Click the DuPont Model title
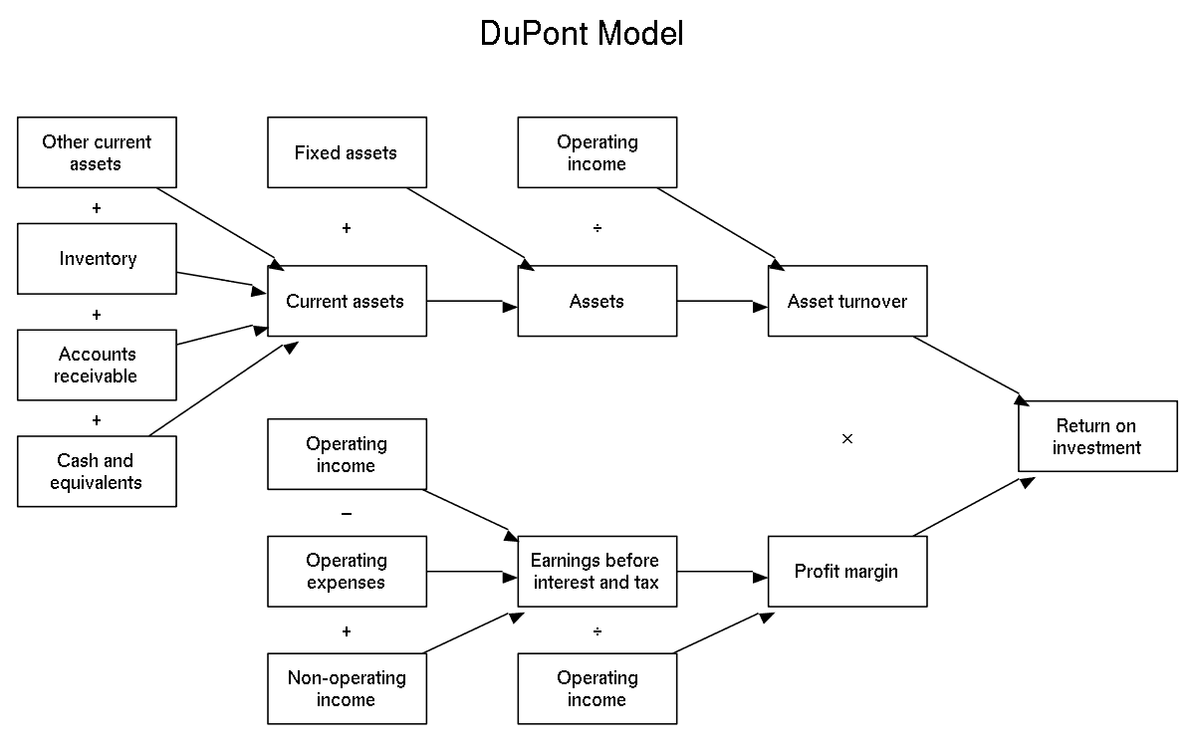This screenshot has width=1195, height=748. [x=582, y=33]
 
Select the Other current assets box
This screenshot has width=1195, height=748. [x=98, y=152]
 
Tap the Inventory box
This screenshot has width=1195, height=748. [x=98, y=259]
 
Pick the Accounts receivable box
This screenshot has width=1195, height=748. [x=98, y=365]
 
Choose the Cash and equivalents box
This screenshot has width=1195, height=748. [x=98, y=471]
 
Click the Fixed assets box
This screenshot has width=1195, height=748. [x=347, y=152]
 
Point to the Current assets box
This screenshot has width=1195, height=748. [x=347, y=301]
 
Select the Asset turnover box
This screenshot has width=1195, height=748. [x=847, y=301]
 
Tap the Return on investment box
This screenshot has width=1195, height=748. [x=1097, y=436]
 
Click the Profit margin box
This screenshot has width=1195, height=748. [x=847, y=572]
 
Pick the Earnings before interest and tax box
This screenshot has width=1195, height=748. [x=597, y=572]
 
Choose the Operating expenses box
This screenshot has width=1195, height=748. [x=347, y=572]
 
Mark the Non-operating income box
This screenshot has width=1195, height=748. [x=347, y=689]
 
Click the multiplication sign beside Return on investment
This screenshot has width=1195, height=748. [x=847, y=438]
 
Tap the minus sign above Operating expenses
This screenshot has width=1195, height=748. [x=347, y=514]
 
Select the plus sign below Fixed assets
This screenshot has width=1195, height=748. [x=347, y=228]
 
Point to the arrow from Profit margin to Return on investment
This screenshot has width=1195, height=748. [x=974, y=506]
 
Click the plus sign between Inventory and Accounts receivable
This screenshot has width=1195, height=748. [x=97, y=315]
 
